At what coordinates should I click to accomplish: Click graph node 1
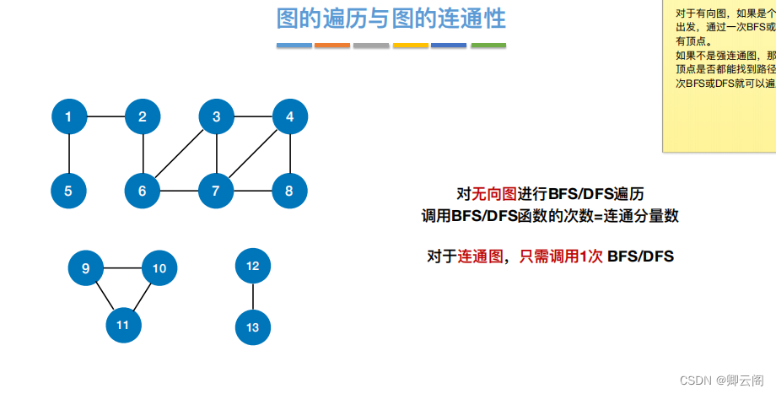[68, 117]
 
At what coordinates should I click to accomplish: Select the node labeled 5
[68, 191]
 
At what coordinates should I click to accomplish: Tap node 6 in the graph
[143, 191]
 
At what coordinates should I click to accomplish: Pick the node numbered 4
[289, 117]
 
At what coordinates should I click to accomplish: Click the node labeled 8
[289, 191]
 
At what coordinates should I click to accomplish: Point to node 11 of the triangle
[123, 325]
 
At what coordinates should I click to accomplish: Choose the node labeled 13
[253, 327]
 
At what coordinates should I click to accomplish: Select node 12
[253, 266]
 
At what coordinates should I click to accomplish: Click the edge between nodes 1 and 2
[105, 116]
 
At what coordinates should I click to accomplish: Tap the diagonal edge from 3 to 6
[179, 154]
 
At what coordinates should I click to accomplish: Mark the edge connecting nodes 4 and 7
[253, 154]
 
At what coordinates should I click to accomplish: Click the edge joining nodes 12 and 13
[253, 296]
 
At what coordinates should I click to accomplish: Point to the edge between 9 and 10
[122, 268]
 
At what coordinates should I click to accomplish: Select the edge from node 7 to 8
[252, 191]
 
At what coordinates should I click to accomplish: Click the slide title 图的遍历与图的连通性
[391, 18]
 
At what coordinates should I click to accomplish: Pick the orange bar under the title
[332, 45]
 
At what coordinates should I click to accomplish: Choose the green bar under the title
[488, 45]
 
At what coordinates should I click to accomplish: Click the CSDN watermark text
[721, 381]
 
